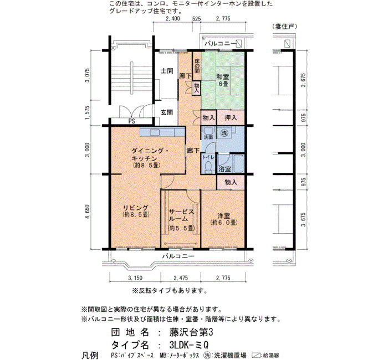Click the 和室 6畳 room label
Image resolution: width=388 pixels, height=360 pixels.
tap(223, 80)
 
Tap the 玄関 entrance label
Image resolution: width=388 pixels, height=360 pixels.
tap(167, 112)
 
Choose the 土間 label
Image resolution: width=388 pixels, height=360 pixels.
tap(167, 71)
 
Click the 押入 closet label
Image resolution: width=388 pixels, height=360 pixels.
tap(231, 117)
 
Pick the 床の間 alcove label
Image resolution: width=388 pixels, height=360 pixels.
tap(197, 66)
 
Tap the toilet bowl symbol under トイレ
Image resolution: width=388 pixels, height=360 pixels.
tap(209, 166)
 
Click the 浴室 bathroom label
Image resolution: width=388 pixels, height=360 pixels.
tap(224, 169)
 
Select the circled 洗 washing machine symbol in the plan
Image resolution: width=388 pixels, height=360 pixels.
tap(224, 133)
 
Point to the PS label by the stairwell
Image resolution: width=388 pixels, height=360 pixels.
tap(132, 121)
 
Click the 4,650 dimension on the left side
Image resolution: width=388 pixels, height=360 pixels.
tap(87, 212)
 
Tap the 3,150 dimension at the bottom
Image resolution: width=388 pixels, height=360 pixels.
tap(135, 278)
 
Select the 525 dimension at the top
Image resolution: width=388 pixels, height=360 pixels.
tap(196, 18)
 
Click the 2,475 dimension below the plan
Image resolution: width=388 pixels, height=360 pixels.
tap(181, 278)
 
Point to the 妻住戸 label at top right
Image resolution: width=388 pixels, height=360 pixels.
tap(284, 27)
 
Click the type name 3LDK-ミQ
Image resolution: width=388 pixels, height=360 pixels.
tap(189, 344)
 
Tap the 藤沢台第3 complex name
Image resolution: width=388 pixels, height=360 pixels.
tap(191, 332)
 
